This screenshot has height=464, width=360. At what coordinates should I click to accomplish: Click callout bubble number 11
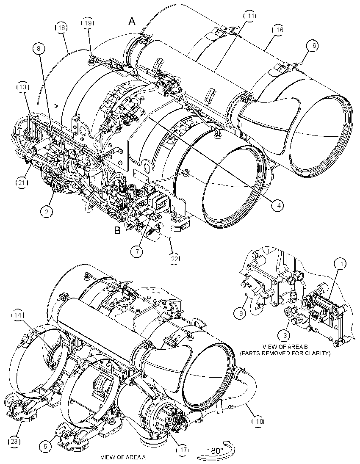tap(250, 16)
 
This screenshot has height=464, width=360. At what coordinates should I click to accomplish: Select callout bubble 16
tap(278, 30)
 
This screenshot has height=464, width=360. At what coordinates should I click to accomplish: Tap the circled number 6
tap(314, 45)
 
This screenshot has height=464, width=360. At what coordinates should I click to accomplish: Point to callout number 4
tap(277, 205)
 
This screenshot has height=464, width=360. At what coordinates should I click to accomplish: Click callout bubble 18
tap(61, 28)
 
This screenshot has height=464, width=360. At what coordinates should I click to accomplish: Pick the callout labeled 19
tap(87, 23)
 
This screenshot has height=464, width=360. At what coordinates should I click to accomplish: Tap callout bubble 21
tap(22, 183)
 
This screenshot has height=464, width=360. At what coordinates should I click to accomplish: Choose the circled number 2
tap(47, 211)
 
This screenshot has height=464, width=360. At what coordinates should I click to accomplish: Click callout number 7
tap(137, 251)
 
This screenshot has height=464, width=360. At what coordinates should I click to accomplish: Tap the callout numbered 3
tap(285, 336)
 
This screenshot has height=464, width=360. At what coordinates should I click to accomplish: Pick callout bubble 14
tap(18, 315)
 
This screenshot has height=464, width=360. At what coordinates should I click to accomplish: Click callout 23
tap(15, 442)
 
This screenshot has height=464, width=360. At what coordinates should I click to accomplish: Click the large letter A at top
tap(132, 21)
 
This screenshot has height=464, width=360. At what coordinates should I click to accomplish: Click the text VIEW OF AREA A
tap(123, 457)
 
